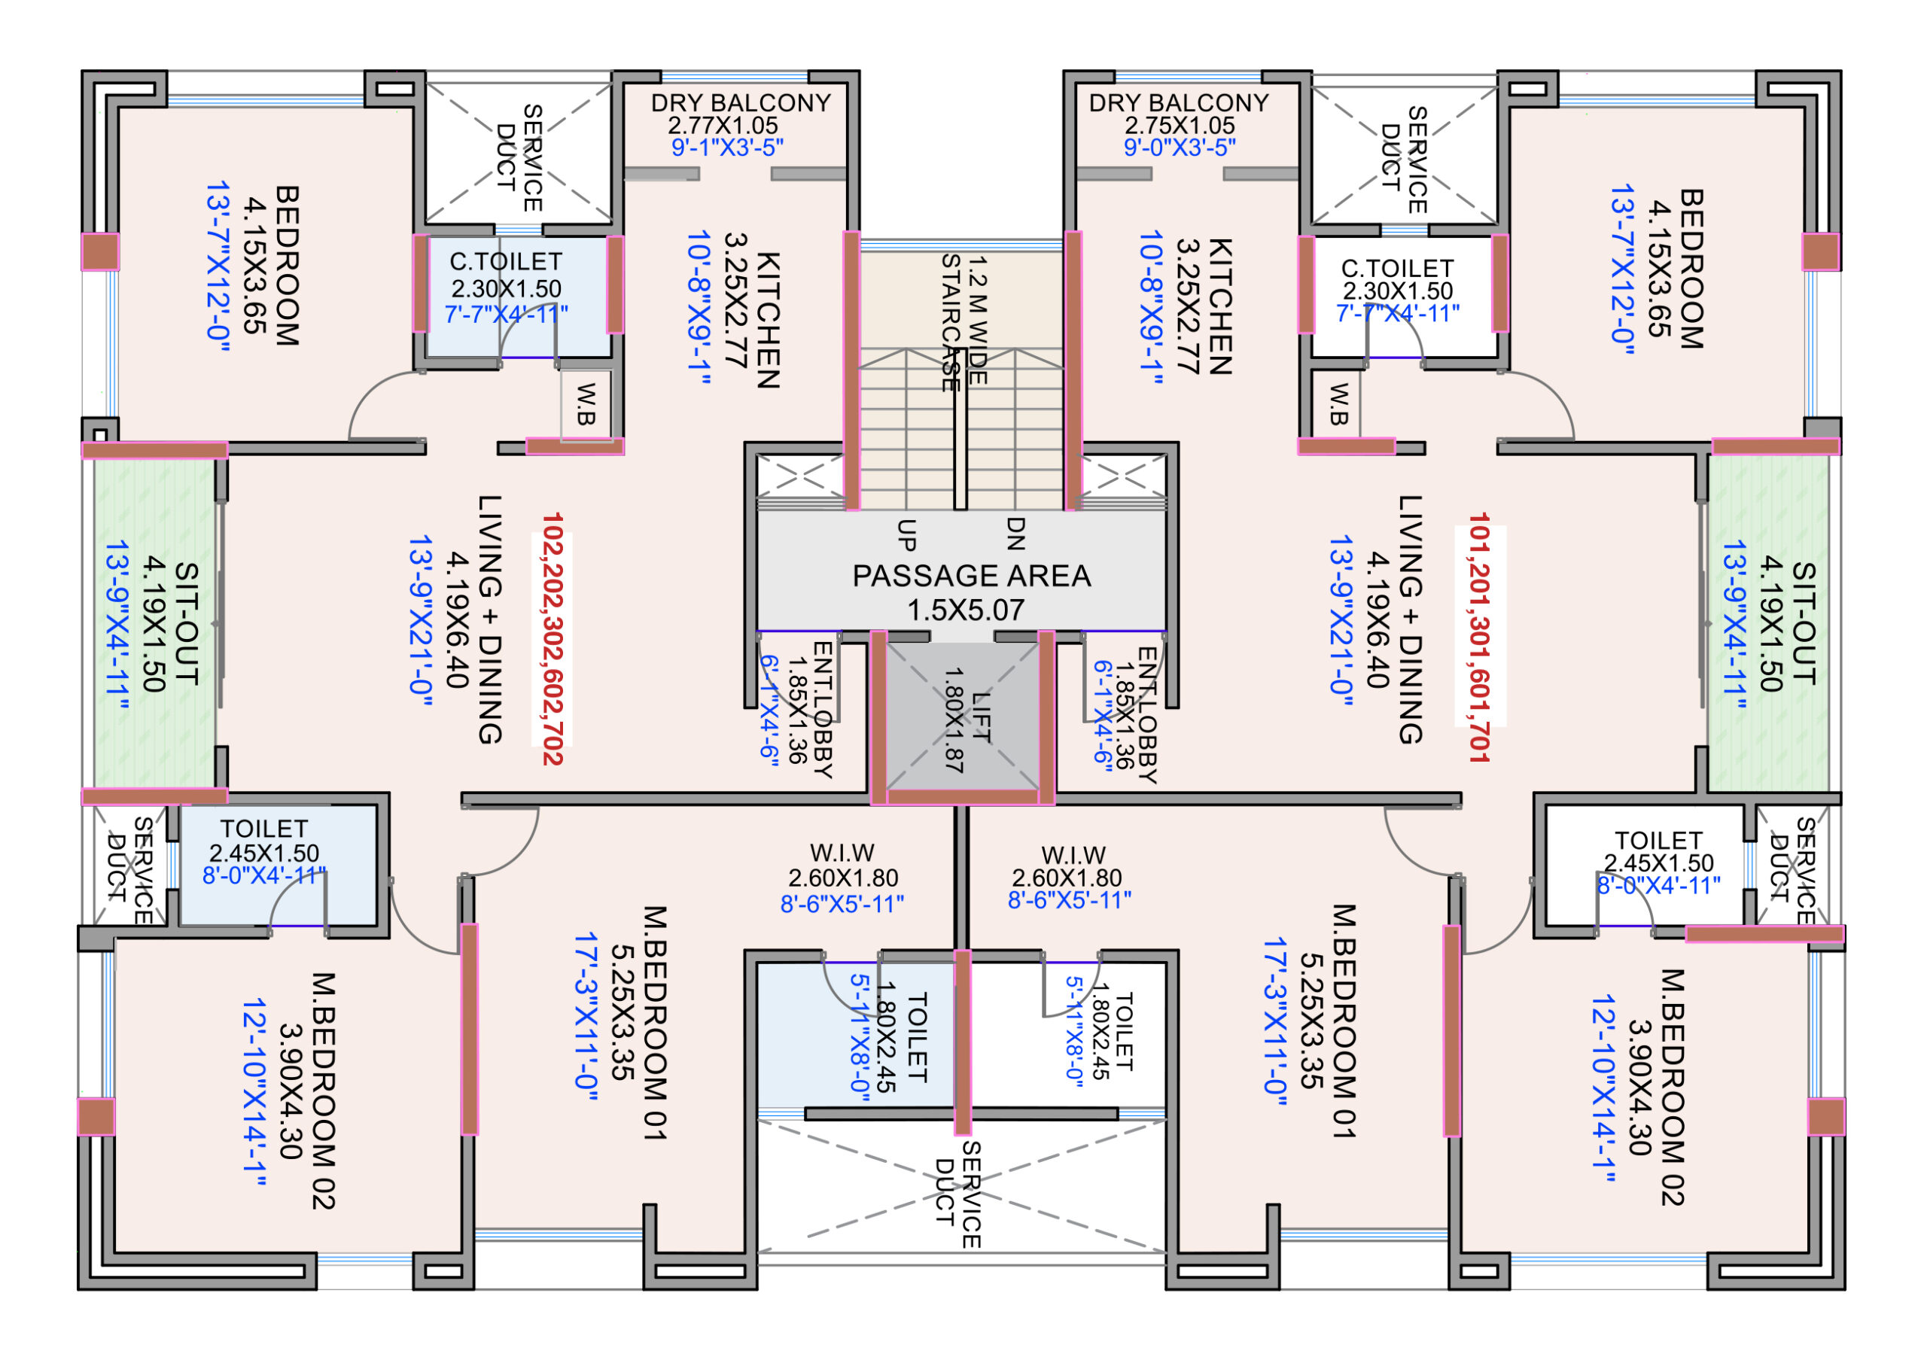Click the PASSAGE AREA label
tap(971, 577)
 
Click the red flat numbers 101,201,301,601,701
tap(1479, 637)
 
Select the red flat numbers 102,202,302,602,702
tap(552, 638)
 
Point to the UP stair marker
tap(906, 534)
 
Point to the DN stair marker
tap(1015, 534)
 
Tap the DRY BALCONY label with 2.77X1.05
tap(740, 103)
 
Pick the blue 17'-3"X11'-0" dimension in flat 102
tap(586, 1022)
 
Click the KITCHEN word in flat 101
tap(1219, 306)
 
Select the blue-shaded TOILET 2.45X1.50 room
tap(277, 864)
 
